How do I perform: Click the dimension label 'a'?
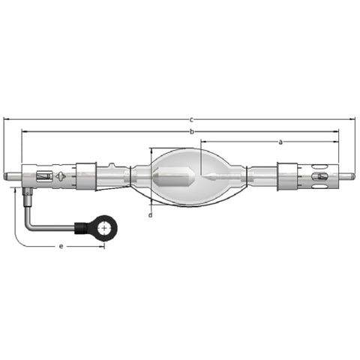[280, 142]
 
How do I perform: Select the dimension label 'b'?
[192, 131]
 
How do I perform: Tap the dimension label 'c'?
[191, 120]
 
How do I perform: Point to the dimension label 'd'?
[150, 214]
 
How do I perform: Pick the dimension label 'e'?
[61, 246]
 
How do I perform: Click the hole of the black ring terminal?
[104, 228]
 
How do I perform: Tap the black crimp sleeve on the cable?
[81, 228]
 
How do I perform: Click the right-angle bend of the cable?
[28, 226]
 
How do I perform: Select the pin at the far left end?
[13, 176]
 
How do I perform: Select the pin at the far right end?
[346, 176]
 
